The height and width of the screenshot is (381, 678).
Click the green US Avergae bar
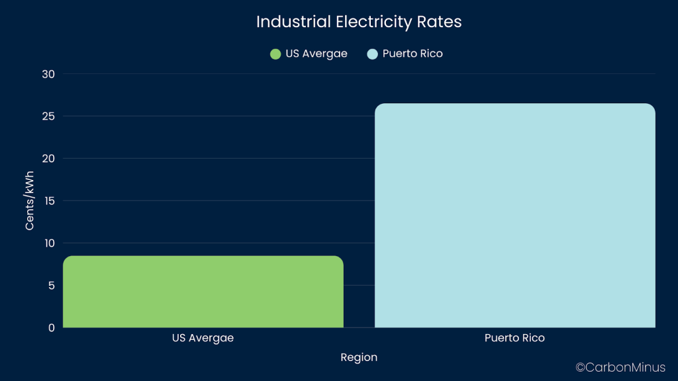203,292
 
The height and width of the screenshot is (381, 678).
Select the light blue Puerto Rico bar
514,215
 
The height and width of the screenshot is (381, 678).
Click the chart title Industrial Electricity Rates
358,22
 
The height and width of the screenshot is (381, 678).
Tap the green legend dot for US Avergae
275,54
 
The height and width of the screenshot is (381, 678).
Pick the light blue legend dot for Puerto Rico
372,54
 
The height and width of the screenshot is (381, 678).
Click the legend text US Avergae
316,54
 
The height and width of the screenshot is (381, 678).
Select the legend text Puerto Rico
412,54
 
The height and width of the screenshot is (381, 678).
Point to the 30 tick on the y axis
48,74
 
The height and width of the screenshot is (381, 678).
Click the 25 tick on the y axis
48,116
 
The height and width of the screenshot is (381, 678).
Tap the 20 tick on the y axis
48,159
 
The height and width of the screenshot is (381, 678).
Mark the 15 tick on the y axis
48,201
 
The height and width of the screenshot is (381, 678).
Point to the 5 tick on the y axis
51,286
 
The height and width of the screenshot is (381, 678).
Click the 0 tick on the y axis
51,327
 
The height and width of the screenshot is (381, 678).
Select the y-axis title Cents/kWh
30,200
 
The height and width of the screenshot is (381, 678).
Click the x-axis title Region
359,358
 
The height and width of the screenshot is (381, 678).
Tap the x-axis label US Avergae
203,338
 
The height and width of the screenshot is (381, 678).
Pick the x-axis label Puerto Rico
514,338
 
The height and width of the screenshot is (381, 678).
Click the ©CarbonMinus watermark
621,367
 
